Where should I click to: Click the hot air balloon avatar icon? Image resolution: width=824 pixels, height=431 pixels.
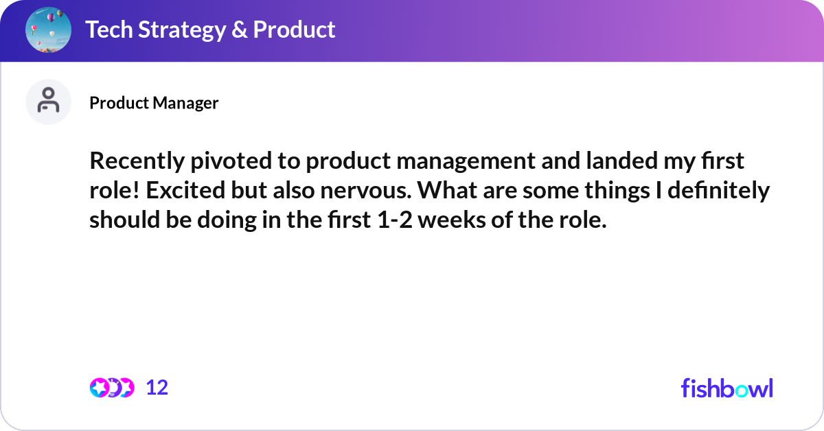point(48,30)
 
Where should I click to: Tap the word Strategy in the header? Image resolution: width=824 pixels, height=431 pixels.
point(182,30)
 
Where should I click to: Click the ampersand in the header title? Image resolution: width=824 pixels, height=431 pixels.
point(239,30)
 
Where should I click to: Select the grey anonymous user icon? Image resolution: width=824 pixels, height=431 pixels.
point(48,102)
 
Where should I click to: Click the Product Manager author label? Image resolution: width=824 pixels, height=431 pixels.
point(154,102)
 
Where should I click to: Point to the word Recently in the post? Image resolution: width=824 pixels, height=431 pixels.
point(137,161)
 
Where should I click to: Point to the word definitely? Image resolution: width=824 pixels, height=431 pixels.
point(718,191)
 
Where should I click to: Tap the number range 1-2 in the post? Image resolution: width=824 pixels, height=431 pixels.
point(395,220)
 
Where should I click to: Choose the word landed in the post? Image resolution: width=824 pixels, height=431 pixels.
point(621,161)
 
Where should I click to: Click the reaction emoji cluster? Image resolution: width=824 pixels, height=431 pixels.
point(112,388)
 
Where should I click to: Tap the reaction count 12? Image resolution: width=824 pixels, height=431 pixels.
point(157,388)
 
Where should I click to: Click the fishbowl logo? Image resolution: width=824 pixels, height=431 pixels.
point(726,388)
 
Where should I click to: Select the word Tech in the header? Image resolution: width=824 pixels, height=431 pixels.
point(109,30)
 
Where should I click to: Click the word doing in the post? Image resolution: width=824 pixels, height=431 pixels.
point(227,220)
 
